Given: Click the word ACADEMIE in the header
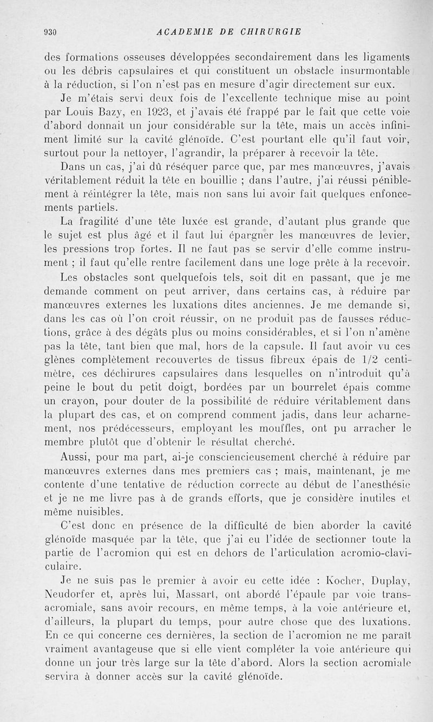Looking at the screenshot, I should click(181, 31).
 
